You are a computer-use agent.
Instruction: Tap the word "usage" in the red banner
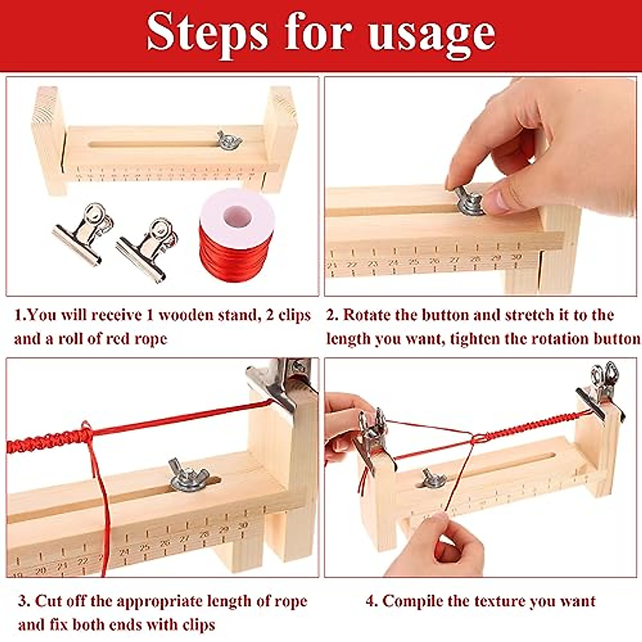432,33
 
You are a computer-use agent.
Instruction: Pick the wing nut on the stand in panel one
230,140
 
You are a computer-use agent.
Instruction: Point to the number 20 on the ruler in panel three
40,571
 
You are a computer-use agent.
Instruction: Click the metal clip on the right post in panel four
602,393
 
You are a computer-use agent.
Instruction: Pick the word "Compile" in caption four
411,601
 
